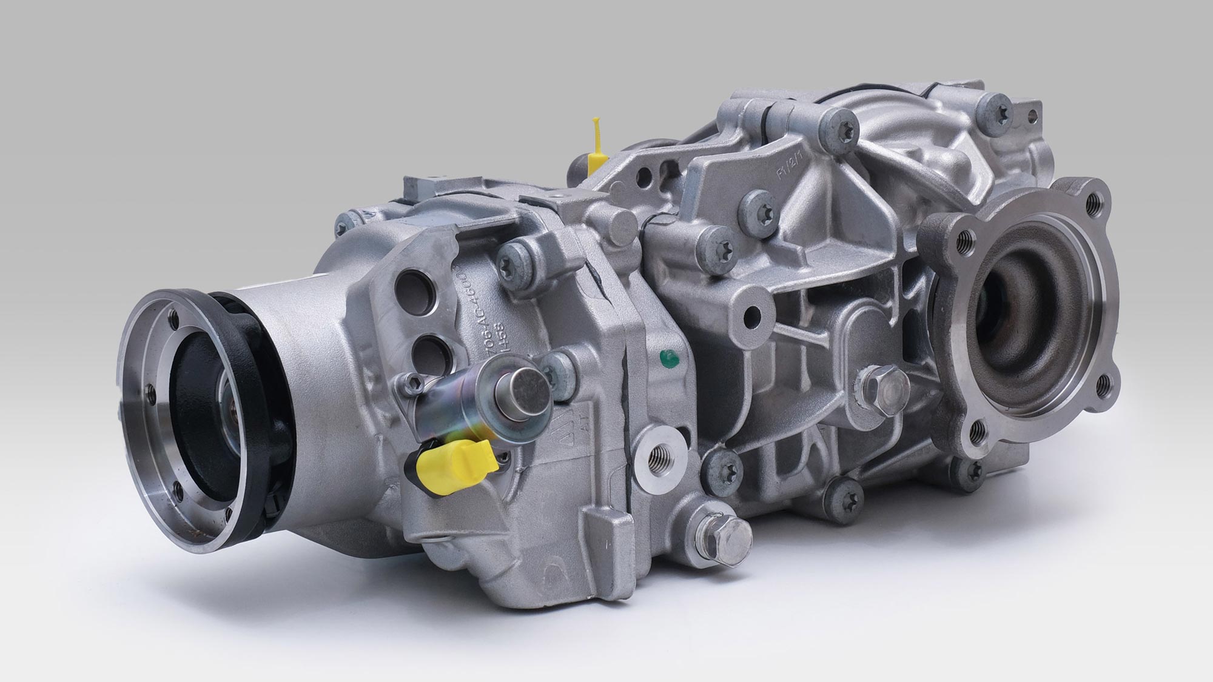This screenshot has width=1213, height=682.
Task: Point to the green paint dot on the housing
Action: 668,359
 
